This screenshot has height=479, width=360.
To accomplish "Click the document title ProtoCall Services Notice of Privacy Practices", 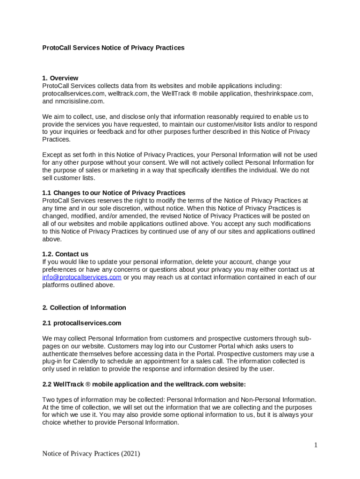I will tap(113, 48).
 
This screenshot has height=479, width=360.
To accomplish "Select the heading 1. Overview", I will tap(60, 78).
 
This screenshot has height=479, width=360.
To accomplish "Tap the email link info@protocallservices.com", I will tap(82, 277).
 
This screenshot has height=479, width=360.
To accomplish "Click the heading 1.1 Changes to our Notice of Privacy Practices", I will tap(114, 193).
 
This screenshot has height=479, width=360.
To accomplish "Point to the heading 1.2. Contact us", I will tap(65, 254).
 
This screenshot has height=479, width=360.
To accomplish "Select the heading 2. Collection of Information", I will tap(84, 308).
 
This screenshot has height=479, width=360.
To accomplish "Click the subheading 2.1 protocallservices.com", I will tap(82, 323).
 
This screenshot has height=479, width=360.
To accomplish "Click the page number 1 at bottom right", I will tap(316, 445).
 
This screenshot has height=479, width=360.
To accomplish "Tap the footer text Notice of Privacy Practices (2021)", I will tap(91, 453).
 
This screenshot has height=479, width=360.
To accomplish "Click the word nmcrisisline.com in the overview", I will tap(79, 101).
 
